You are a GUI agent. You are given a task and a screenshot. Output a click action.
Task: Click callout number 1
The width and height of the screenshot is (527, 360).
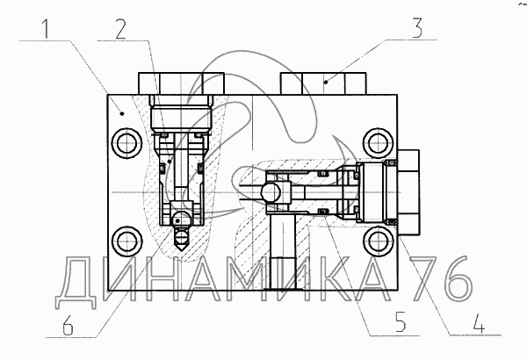46,29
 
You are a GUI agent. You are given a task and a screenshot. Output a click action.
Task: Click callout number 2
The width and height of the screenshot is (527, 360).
120,29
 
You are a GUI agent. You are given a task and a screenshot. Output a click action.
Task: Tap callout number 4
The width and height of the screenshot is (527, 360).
480,324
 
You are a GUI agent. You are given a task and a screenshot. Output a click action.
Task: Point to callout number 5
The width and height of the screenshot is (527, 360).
401,321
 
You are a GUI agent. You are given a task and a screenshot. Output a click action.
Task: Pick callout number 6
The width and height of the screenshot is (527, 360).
68,325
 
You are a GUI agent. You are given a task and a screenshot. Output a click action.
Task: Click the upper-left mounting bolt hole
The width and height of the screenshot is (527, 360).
126,143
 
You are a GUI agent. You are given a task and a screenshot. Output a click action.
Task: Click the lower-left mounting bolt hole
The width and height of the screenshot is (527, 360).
126,242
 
